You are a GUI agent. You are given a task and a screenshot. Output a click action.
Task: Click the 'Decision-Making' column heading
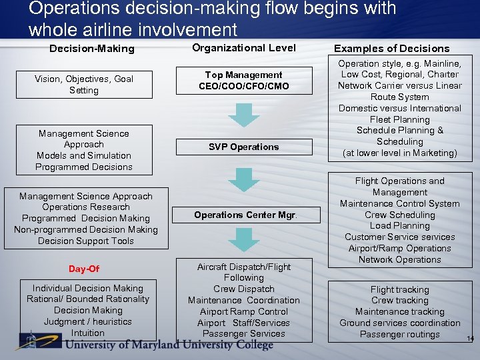92,49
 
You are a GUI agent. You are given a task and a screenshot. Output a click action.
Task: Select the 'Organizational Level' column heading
244,47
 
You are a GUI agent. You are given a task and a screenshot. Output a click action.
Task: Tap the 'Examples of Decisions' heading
392,48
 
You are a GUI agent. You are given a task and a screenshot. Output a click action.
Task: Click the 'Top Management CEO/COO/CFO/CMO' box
243,81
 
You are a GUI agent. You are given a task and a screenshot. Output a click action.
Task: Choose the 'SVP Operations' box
243,147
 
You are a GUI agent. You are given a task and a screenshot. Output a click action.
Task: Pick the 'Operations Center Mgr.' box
245,215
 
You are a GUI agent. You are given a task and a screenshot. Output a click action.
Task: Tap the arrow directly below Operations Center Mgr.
244,240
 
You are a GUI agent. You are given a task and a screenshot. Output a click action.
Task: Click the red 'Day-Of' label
84,269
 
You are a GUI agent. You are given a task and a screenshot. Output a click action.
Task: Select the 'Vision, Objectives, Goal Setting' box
84,85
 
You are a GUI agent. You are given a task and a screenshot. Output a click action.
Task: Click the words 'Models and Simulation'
84,155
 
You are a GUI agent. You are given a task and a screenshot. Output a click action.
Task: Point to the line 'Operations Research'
85,207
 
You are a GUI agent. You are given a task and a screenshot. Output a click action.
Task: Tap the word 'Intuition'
88,333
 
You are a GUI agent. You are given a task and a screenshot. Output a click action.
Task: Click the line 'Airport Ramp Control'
244,311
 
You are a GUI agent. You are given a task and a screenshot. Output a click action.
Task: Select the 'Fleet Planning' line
400,119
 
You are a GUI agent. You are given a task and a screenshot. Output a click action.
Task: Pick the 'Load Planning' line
400,226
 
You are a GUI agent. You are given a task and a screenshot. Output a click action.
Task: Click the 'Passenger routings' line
400,334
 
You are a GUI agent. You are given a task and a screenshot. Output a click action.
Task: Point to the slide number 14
470,339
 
